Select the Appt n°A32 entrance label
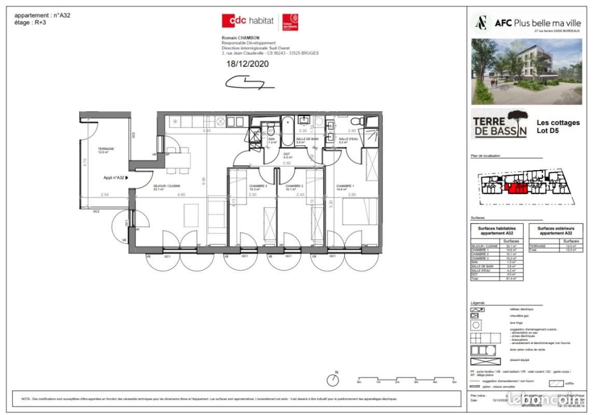(114, 177)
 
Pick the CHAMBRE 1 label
(346, 186)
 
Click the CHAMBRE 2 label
(294, 186)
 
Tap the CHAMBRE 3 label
(244, 186)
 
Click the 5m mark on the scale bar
(454, 382)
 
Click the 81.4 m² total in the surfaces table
(512, 279)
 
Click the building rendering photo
(527, 72)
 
